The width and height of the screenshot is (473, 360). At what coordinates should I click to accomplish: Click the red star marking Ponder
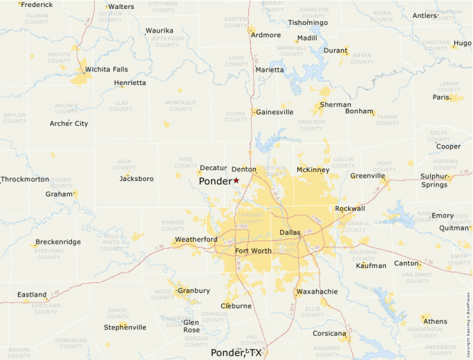(236, 180)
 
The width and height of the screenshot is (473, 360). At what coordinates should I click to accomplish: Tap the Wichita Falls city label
(106, 69)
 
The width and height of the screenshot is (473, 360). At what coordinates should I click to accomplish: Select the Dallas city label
(290, 233)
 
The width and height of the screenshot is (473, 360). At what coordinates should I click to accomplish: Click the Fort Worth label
(253, 251)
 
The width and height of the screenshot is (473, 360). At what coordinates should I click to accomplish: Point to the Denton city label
(243, 169)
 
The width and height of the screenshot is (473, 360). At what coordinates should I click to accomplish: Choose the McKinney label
(313, 170)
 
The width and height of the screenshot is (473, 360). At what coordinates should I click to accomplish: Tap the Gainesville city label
(275, 112)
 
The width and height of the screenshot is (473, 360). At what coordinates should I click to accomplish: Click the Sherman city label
(335, 105)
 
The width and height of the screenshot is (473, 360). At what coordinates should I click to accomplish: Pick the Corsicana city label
(329, 334)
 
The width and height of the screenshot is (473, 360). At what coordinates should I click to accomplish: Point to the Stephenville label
(125, 328)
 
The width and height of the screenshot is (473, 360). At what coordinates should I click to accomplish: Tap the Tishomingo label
(308, 23)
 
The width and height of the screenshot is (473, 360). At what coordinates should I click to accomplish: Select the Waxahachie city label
(317, 292)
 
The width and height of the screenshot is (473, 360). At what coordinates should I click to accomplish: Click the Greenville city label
(368, 176)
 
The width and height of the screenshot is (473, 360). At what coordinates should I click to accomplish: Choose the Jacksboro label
(136, 179)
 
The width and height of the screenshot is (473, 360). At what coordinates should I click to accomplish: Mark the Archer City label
(69, 124)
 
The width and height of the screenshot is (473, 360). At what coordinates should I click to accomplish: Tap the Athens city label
(435, 321)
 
